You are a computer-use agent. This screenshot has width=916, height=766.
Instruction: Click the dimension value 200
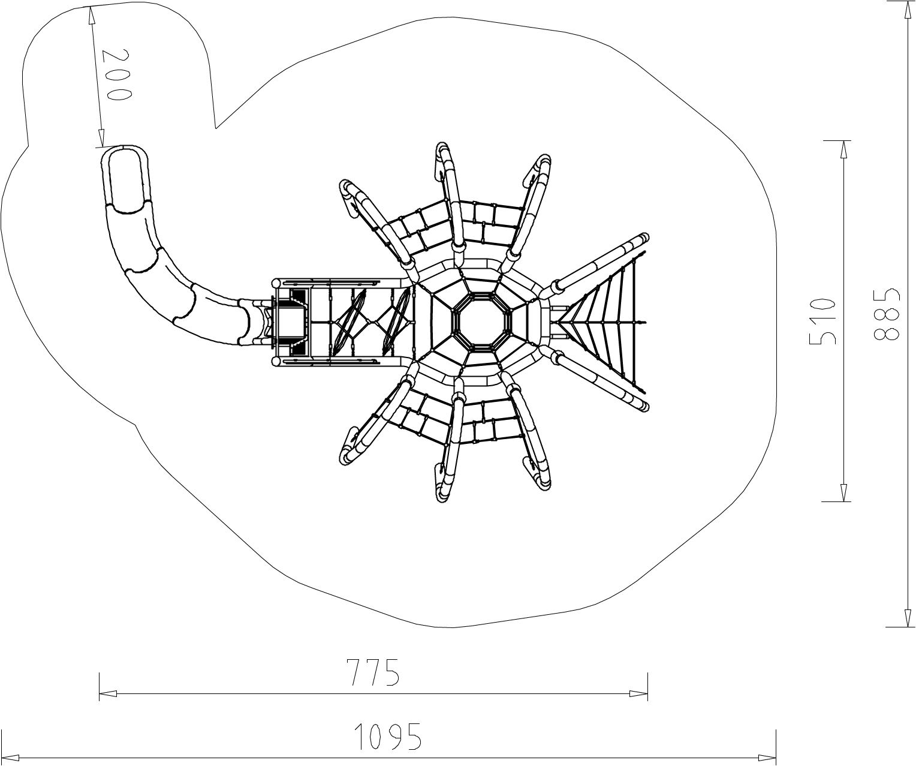117,75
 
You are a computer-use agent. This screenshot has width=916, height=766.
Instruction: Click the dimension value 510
822,321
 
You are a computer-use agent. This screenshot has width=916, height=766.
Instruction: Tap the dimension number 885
886,314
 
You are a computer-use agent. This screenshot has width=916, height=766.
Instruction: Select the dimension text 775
373,672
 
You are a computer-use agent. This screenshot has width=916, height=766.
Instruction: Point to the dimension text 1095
388,737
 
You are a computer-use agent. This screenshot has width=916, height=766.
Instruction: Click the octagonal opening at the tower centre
482,321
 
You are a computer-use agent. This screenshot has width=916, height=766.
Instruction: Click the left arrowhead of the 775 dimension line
109,694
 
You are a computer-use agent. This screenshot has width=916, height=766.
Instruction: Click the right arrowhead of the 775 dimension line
638,694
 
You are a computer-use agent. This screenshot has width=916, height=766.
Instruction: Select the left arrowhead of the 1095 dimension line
10,757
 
